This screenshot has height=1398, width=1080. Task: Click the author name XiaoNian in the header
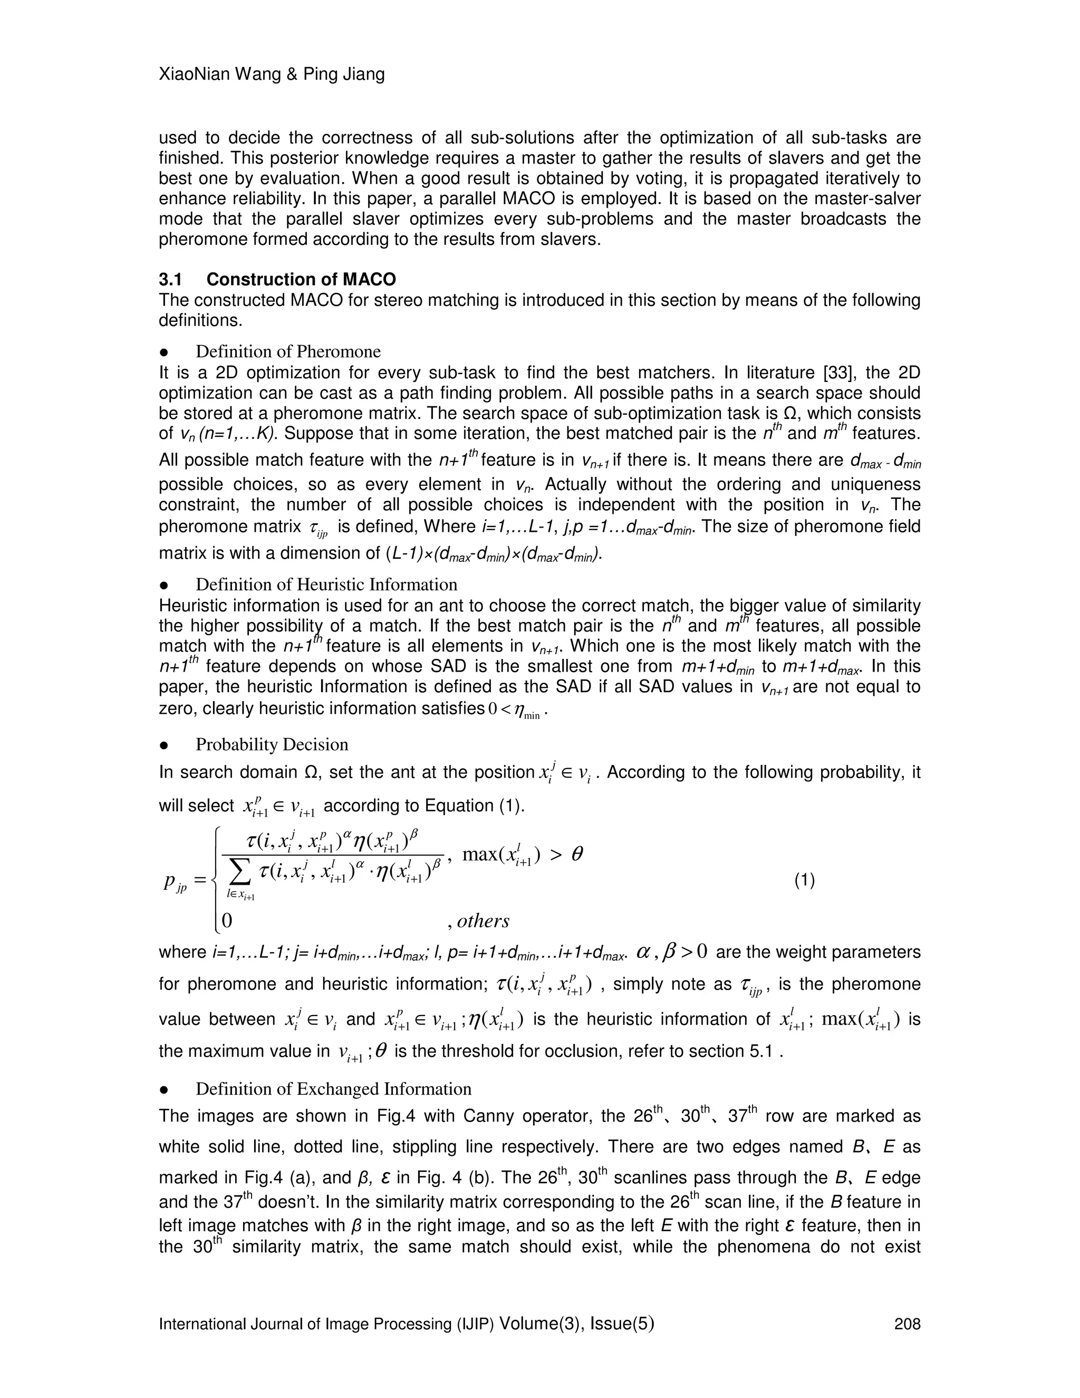pyautogui.click(x=186, y=74)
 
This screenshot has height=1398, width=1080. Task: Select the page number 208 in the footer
pyautogui.click(x=907, y=1324)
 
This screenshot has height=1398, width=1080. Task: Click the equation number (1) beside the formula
pyautogui.click(x=804, y=881)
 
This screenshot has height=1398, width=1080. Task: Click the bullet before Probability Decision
pyautogui.click(x=164, y=745)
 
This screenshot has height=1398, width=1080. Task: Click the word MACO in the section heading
pyautogui.click(x=369, y=279)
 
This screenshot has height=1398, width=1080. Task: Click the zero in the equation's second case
pyautogui.click(x=226, y=921)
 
